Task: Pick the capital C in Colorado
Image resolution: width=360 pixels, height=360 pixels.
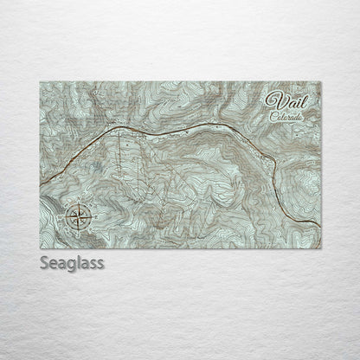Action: tap(270, 114)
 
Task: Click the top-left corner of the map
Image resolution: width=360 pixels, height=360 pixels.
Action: tap(41, 82)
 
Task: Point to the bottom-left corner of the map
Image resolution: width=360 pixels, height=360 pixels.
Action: tap(41, 247)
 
